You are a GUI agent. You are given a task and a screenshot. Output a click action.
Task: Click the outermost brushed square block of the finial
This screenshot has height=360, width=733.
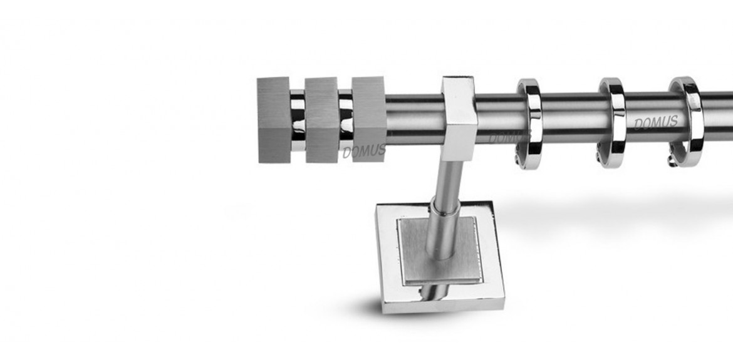(274, 120)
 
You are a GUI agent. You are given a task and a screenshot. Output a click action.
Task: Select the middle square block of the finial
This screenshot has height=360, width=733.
(321, 120)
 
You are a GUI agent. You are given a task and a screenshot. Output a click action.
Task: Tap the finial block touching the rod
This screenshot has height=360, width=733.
(369, 119)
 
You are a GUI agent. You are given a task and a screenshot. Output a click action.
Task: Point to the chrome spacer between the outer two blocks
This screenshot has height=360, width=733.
(298, 120)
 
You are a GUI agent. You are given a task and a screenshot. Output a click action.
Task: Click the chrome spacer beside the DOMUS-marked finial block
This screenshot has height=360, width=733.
(345, 120)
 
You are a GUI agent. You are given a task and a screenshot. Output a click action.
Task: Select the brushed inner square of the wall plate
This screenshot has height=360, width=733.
(439, 250)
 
